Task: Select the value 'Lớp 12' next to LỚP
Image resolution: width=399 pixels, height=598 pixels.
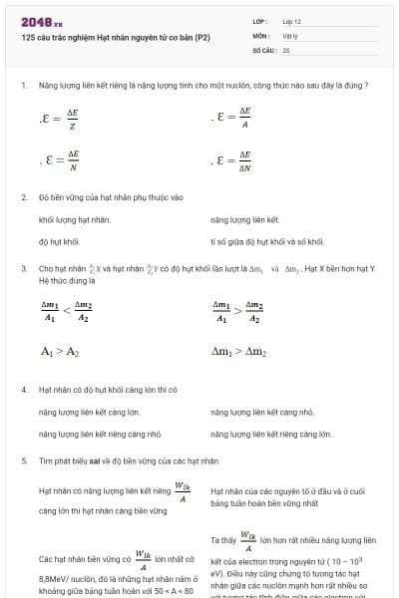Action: point(291,21)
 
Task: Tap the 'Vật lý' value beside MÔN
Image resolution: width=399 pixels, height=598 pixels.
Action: point(289,35)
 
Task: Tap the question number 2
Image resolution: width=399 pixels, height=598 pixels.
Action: point(23,197)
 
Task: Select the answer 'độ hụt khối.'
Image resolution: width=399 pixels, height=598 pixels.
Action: point(59,241)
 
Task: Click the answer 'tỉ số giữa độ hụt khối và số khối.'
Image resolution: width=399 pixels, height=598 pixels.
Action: point(266,241)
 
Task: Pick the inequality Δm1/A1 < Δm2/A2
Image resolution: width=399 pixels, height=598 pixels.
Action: point(67,312)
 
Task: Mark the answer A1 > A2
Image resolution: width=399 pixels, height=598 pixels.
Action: point(59,352)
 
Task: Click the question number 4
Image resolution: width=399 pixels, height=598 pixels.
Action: point(23,389)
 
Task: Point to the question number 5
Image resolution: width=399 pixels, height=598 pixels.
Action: point(23,461)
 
